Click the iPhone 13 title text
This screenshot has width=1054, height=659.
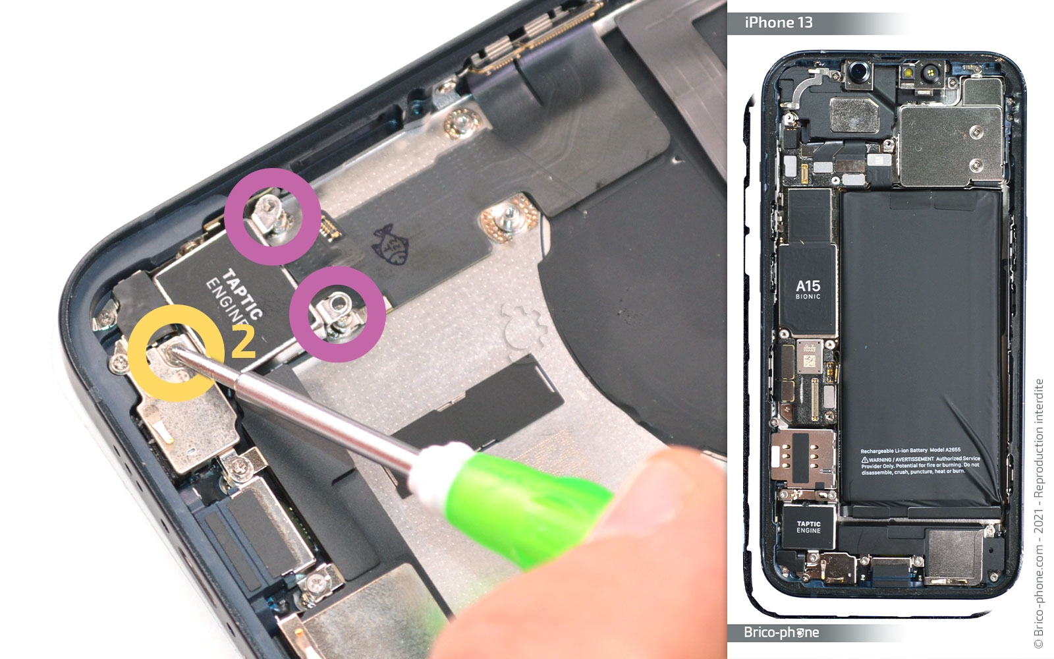[x=779, y=23]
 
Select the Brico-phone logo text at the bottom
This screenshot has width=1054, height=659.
[x=781, y=633]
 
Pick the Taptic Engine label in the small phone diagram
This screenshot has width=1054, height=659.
[x=808, y=527]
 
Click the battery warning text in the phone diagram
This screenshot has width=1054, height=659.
[x=920, y=461]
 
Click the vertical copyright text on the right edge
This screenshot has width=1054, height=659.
[x=1039, y=514]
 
